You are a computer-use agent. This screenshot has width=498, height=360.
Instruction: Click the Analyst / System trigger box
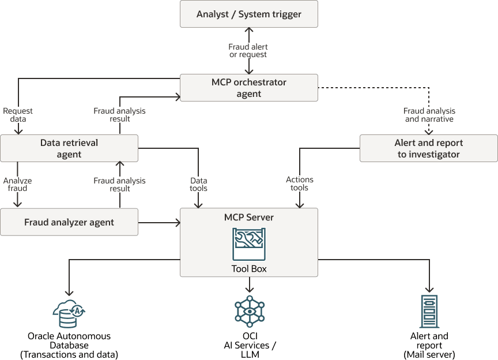click(249, 14)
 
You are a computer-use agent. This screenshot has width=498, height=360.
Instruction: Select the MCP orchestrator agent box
click(249, 88)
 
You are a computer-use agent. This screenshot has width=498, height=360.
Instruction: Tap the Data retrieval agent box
click(69, 148)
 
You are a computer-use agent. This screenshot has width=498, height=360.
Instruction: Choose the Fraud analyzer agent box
click(69, 222)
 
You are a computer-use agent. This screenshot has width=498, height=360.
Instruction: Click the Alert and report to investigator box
click(428, 148)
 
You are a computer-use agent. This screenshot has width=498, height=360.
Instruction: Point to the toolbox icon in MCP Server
click(249, 245)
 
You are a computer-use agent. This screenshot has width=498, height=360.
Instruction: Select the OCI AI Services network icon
click(249, 312)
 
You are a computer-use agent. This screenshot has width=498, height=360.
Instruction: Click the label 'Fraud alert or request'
click(248, 51)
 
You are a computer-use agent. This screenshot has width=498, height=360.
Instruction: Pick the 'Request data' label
click(18, 115)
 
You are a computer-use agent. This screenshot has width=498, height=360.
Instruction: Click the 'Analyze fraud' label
click(17, 185)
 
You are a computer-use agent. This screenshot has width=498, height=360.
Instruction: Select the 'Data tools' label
click(199, 185)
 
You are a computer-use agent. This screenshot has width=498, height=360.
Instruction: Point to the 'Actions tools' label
click(300, 183)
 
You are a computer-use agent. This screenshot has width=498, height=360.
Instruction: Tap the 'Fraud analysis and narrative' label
click(429, 115)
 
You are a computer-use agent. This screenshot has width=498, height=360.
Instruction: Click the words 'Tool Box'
click(249, 269)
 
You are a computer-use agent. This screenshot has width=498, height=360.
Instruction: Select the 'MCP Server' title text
click(249, 217)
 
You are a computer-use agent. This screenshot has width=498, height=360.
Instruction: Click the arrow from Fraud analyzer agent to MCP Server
click(159, 222)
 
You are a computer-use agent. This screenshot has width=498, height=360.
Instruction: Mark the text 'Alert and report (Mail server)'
click(429, 345)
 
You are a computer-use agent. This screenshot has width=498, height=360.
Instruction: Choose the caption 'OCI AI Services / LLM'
click(249, 345)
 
